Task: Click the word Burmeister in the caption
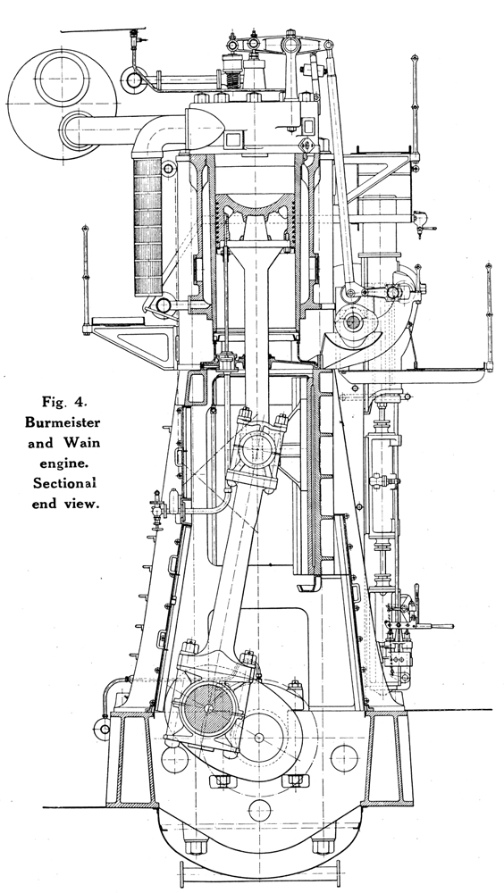coord(63,422)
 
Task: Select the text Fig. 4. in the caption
coord(63,402)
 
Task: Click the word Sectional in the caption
coord(64,483)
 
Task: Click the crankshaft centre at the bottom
coord(259,738)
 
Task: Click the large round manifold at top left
coord(62,104)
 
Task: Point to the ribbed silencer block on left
coord(147,226)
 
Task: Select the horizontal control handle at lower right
coord(434,626)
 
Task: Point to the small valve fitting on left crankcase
coord(159,505)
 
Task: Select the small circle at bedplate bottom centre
coord(259,810)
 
